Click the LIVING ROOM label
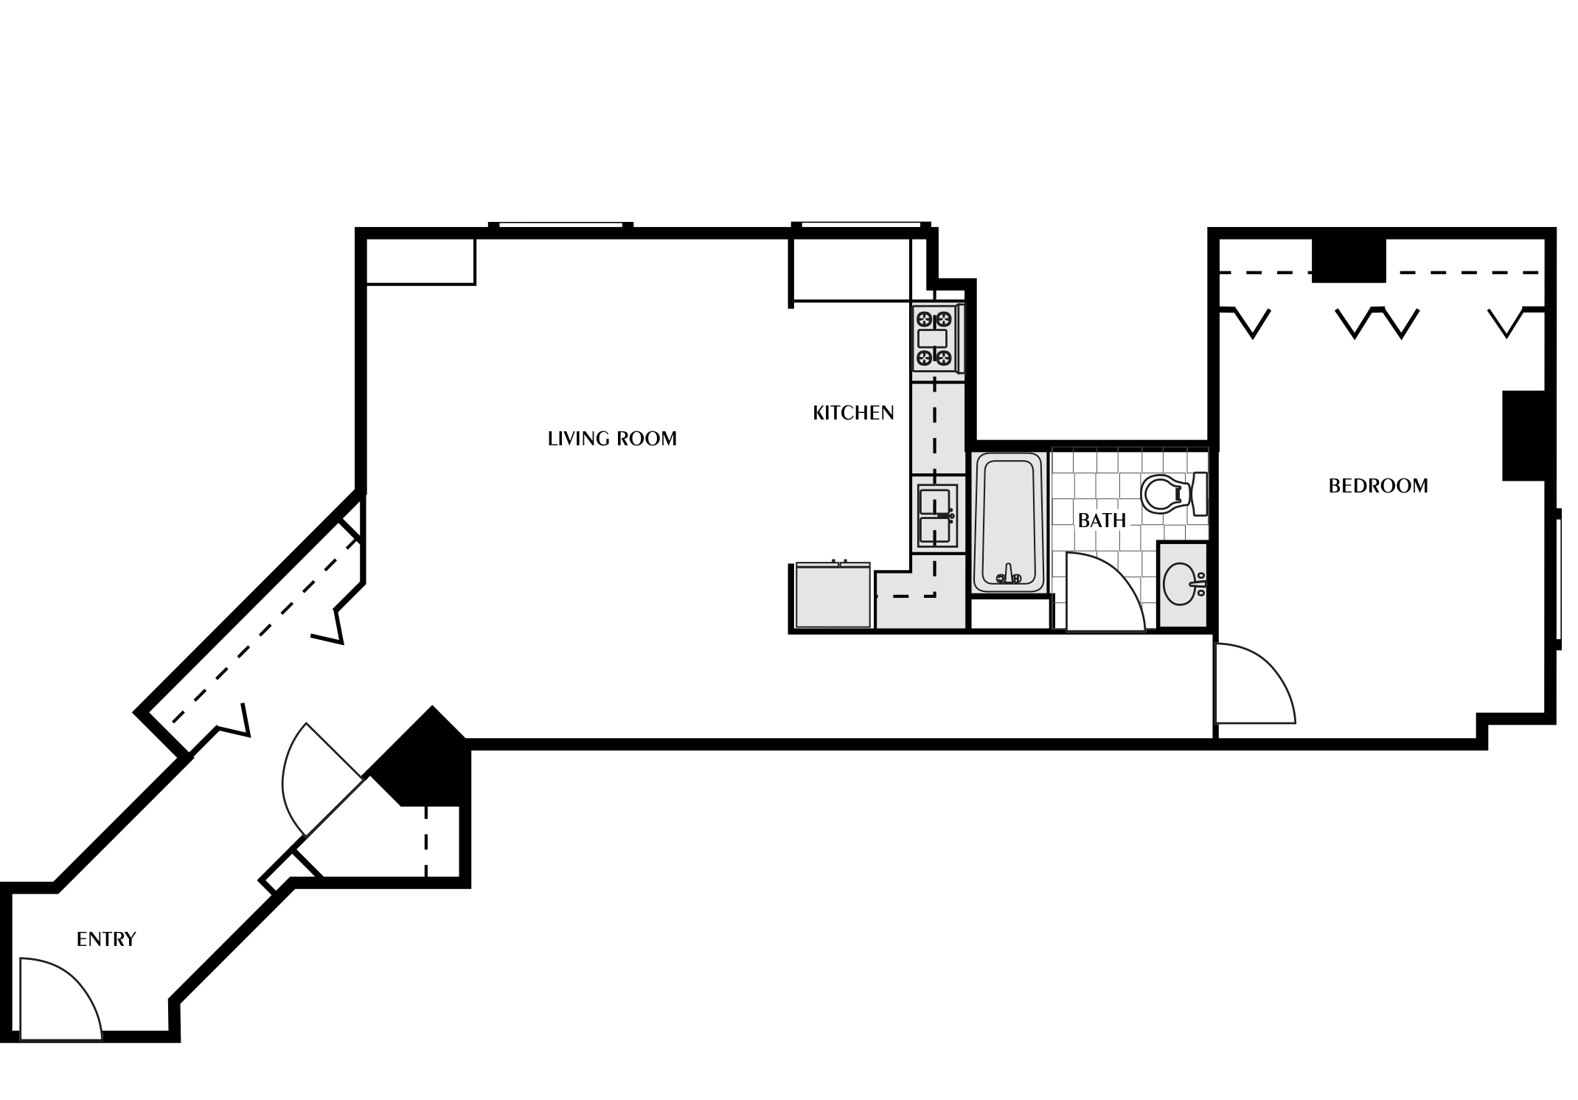pos(612,439)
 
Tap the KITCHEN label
pos(853,413)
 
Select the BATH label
pos(1102,521)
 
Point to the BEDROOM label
pos(1377,486)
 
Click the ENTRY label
pos(106,939)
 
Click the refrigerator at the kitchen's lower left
pos(833,595)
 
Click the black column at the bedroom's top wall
pos(1349,260)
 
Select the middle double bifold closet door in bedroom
pos(1377,324)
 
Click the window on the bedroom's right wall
pos(1558,579)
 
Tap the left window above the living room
pos(561,225)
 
